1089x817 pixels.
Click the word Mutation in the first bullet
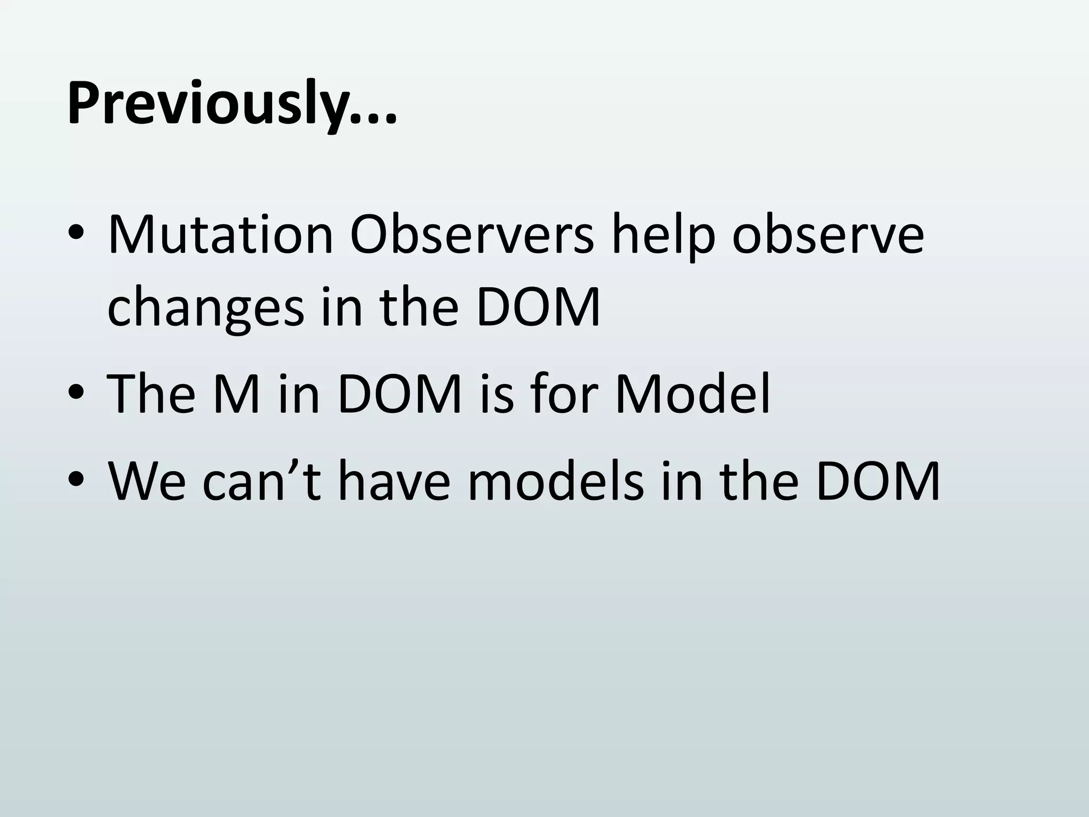click(x=220, y=235)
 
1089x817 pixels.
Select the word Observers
click(x=471, y=235)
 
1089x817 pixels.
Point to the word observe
click(x=828, y=235)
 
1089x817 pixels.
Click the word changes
click(x=205, y=307)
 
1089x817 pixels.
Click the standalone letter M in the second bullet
click(x=237, y=395)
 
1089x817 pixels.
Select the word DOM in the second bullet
click(x=399, y=395)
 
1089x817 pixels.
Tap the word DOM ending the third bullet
click(x=878, y=481)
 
